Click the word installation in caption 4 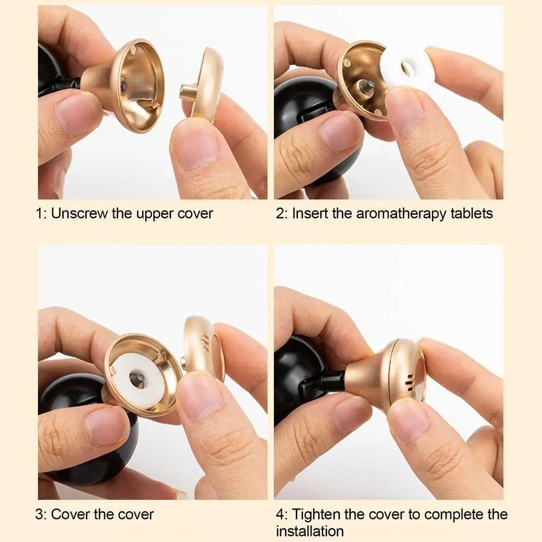coord(309,531)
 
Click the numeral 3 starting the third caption coord(39,514)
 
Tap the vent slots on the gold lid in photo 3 coord(205,344)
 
